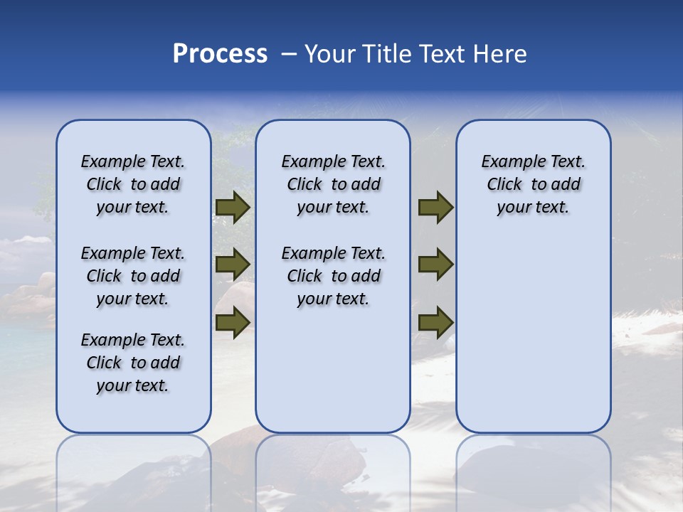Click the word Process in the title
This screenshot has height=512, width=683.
[x=220, y=54]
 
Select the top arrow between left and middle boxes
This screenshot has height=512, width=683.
[x=233, y=207]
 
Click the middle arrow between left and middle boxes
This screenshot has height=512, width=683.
[x=233, y=265]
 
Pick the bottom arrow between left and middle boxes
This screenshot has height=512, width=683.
[x=233, y=322]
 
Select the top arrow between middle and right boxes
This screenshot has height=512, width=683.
[x=435, y=207]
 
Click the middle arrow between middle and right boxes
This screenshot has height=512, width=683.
[x=435, y=265]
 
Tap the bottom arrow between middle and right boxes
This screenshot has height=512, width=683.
[x=435, y=322]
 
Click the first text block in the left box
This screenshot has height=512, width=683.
[x=133, y=184]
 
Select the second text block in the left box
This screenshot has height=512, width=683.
[x=133, y=276]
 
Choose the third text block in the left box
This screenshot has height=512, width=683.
[x=133, y=363]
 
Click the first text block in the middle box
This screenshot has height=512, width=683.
[x=333, y=184]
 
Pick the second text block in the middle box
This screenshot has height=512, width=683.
[x=333, y=276]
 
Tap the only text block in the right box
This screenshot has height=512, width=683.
[x=533, y=184]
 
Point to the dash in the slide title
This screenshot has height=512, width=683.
[x=288, y=54]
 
